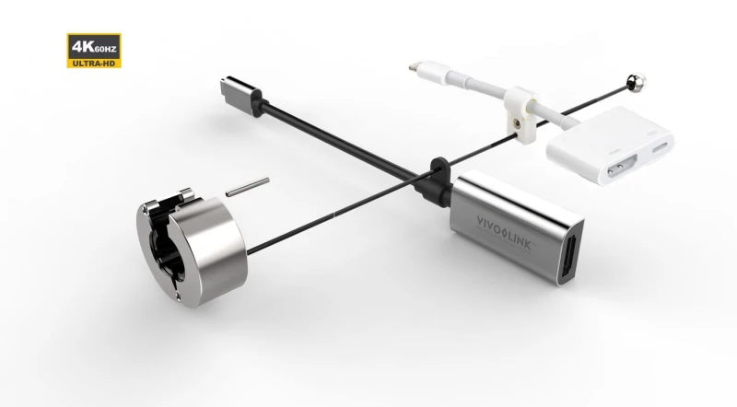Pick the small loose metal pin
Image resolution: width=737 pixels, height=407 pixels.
(246, 188)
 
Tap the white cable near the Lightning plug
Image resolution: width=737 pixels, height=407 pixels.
(461, 85)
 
